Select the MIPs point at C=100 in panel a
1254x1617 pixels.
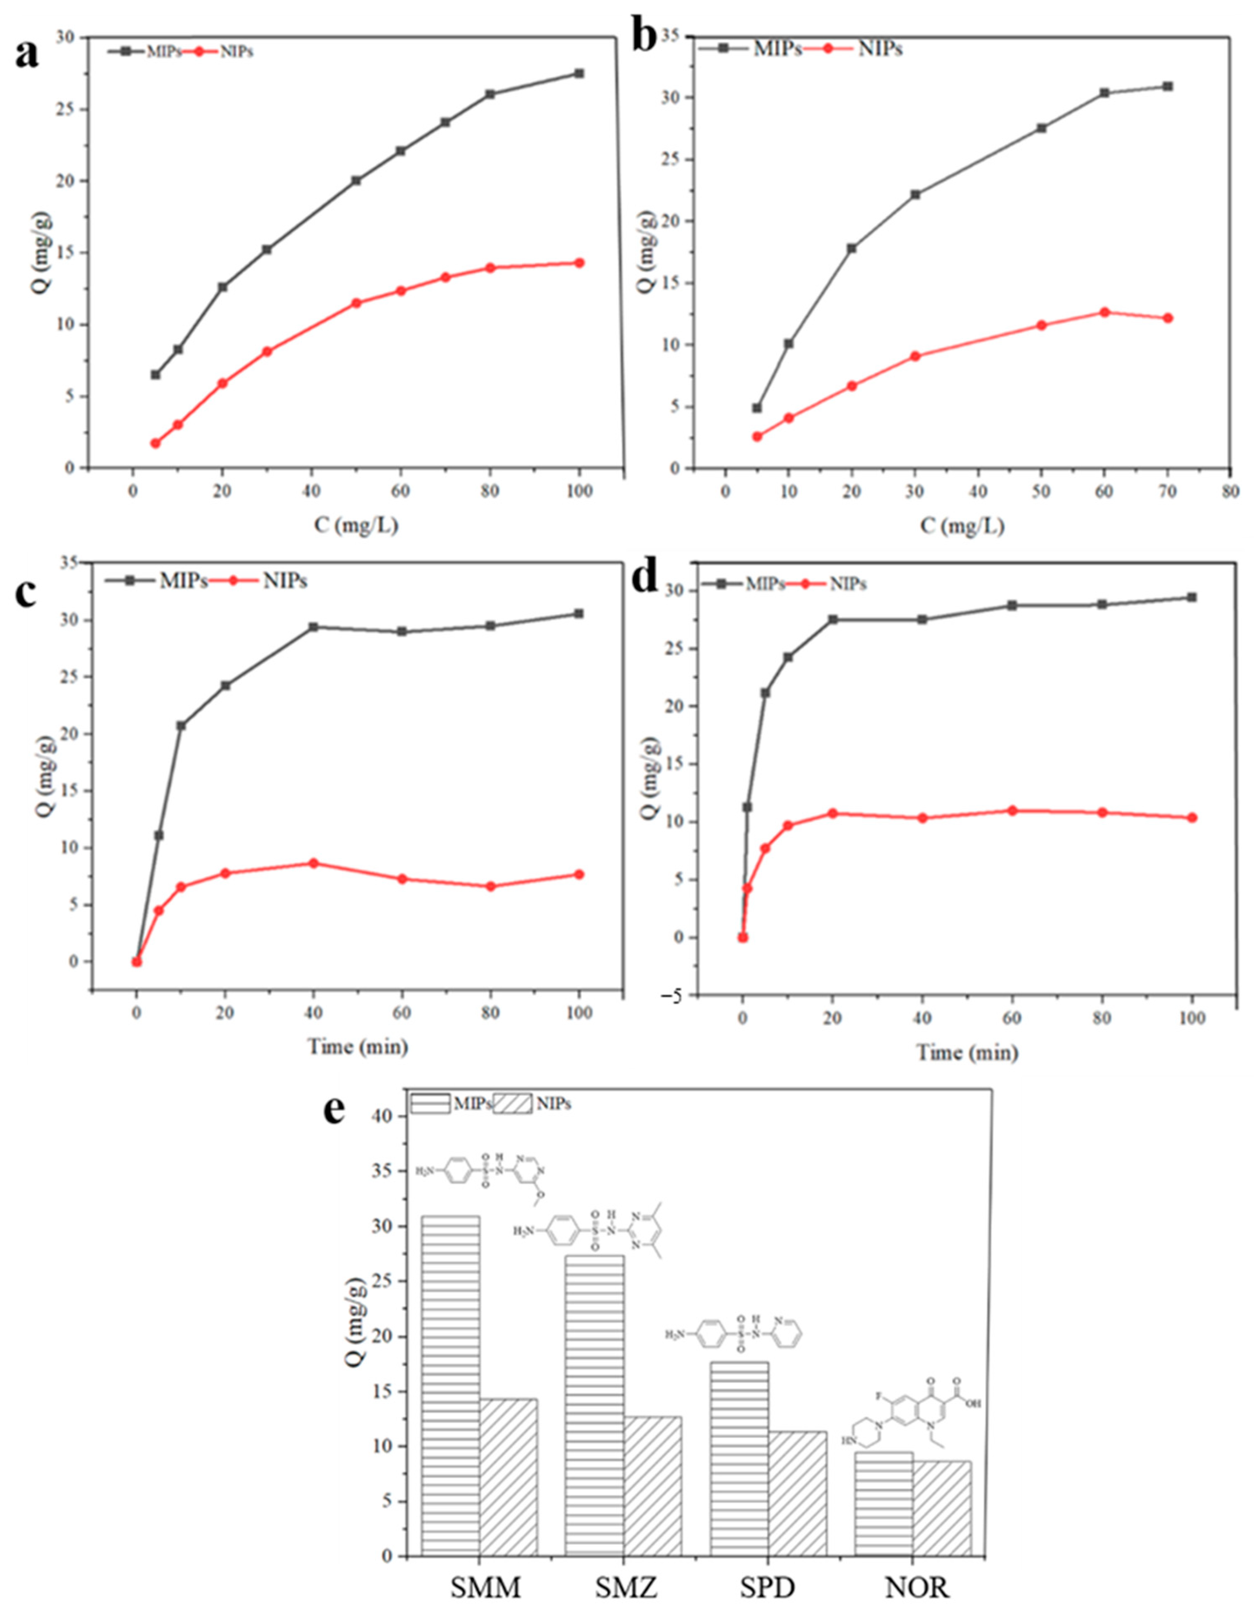click(x=579, y=73)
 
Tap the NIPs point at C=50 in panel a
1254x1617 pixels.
click(x=356, y=303)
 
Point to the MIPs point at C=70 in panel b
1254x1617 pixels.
click(x=1167, y=87)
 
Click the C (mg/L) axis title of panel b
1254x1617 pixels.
click(x=963, y=526)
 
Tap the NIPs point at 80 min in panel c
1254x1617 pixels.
click(x=490, y=886)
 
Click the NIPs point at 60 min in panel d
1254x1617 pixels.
click(x=1012, y=811)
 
